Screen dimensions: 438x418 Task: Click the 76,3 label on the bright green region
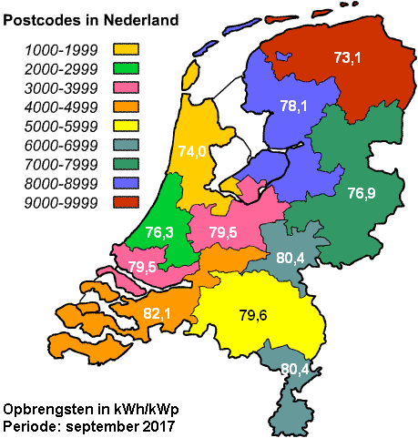(160, 233)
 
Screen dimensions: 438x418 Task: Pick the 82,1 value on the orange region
(158, 313)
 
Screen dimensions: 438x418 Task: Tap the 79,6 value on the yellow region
(253, 316)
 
